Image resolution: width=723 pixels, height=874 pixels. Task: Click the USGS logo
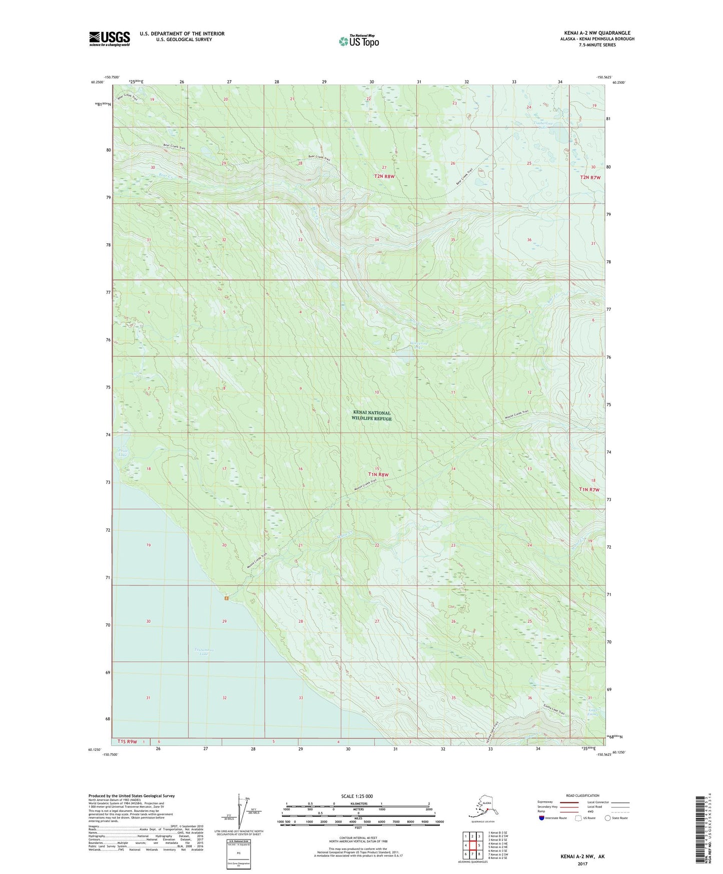[110, 39]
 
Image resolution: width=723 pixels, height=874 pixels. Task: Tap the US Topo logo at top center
[359, 41]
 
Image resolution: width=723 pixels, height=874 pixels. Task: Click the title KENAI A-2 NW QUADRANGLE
[597, 33]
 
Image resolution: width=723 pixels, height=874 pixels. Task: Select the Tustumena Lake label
[201, 652]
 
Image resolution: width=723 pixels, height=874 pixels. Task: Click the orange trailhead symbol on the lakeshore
[227, 598]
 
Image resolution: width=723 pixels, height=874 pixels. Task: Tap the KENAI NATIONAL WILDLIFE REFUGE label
[371, 415]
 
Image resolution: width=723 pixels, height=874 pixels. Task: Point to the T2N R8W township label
[384, 176]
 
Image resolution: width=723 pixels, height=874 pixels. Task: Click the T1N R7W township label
[589, 490]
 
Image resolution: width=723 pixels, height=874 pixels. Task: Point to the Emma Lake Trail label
[554, 710]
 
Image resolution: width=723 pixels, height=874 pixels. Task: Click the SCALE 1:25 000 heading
[357, 796]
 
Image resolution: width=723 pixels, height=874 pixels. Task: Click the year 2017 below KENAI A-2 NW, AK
[582, 863]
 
